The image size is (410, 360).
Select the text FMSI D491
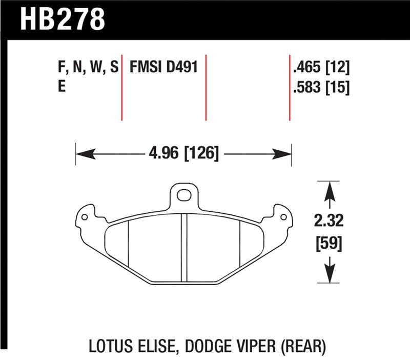(163, 67)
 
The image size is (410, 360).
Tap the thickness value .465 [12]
(320, 67)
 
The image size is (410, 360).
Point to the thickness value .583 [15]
(320, 88)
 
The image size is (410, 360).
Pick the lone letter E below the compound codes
(61, 88)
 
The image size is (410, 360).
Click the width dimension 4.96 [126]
(183, 153)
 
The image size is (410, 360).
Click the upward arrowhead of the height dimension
(330, 192)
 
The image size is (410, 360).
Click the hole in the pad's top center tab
(183, 194)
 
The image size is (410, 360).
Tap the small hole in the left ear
(85, 216)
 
